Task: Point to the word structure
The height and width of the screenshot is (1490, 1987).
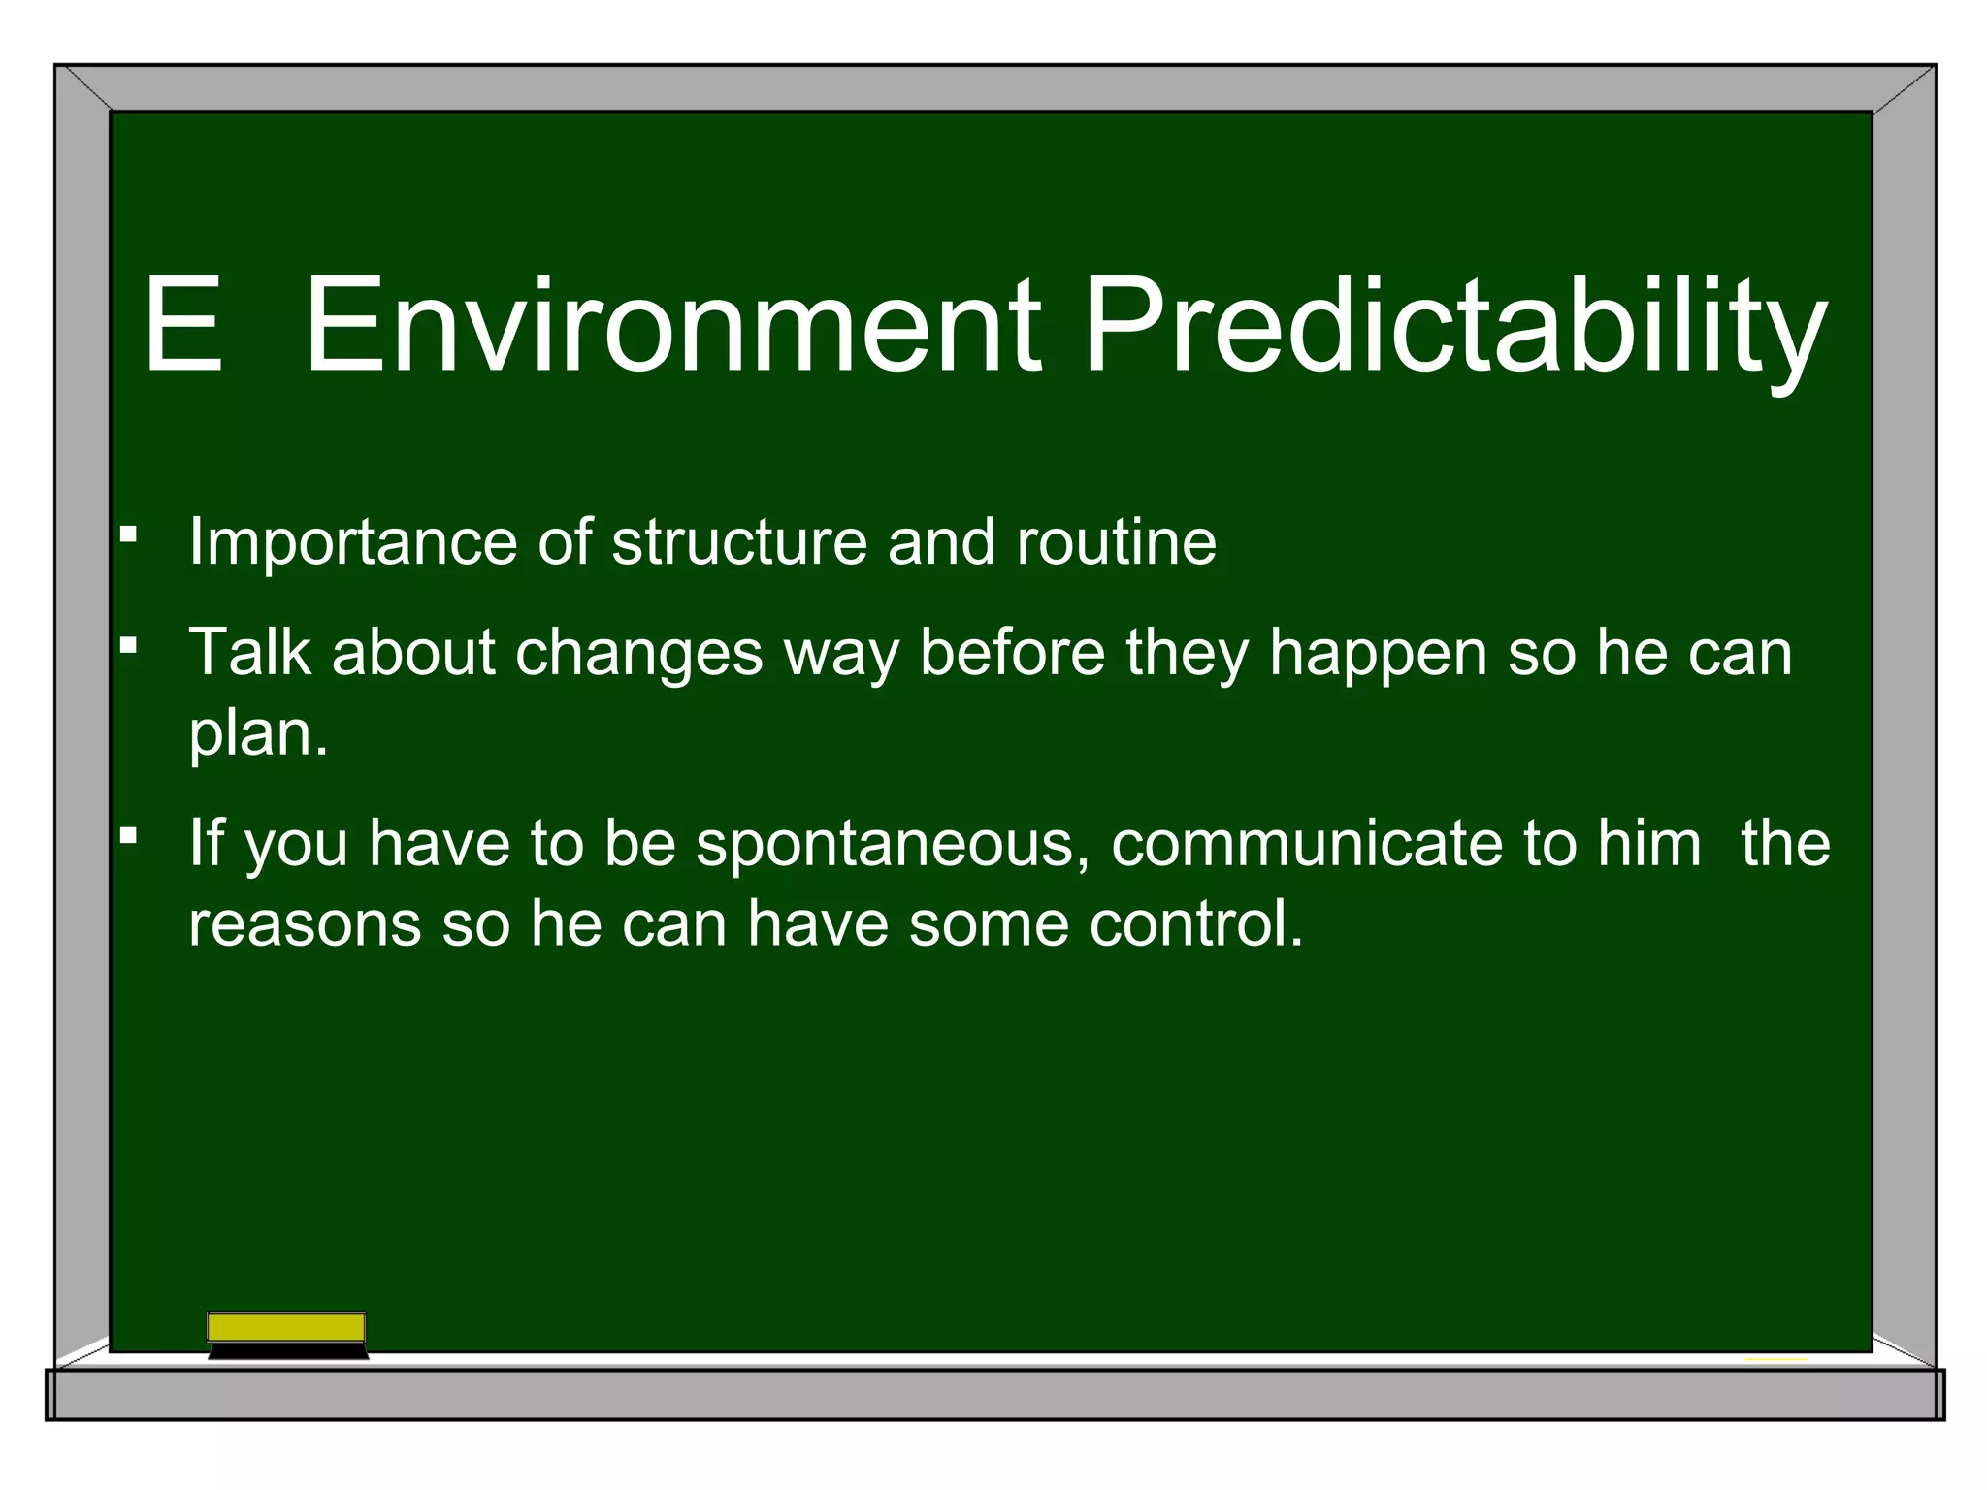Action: pos(738,541)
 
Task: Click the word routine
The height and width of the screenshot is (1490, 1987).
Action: pos(1116,541)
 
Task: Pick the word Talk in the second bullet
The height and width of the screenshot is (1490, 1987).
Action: pos(249,651)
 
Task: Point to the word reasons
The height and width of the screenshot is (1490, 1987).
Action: pos(305,924)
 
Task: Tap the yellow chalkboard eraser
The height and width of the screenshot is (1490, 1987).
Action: pos(287,1333)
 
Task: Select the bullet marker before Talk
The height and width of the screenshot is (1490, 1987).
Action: pos(128,643)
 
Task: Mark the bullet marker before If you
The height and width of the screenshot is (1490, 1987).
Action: pos(128,834)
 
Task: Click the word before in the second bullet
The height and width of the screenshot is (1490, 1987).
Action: pos(1012,651)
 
